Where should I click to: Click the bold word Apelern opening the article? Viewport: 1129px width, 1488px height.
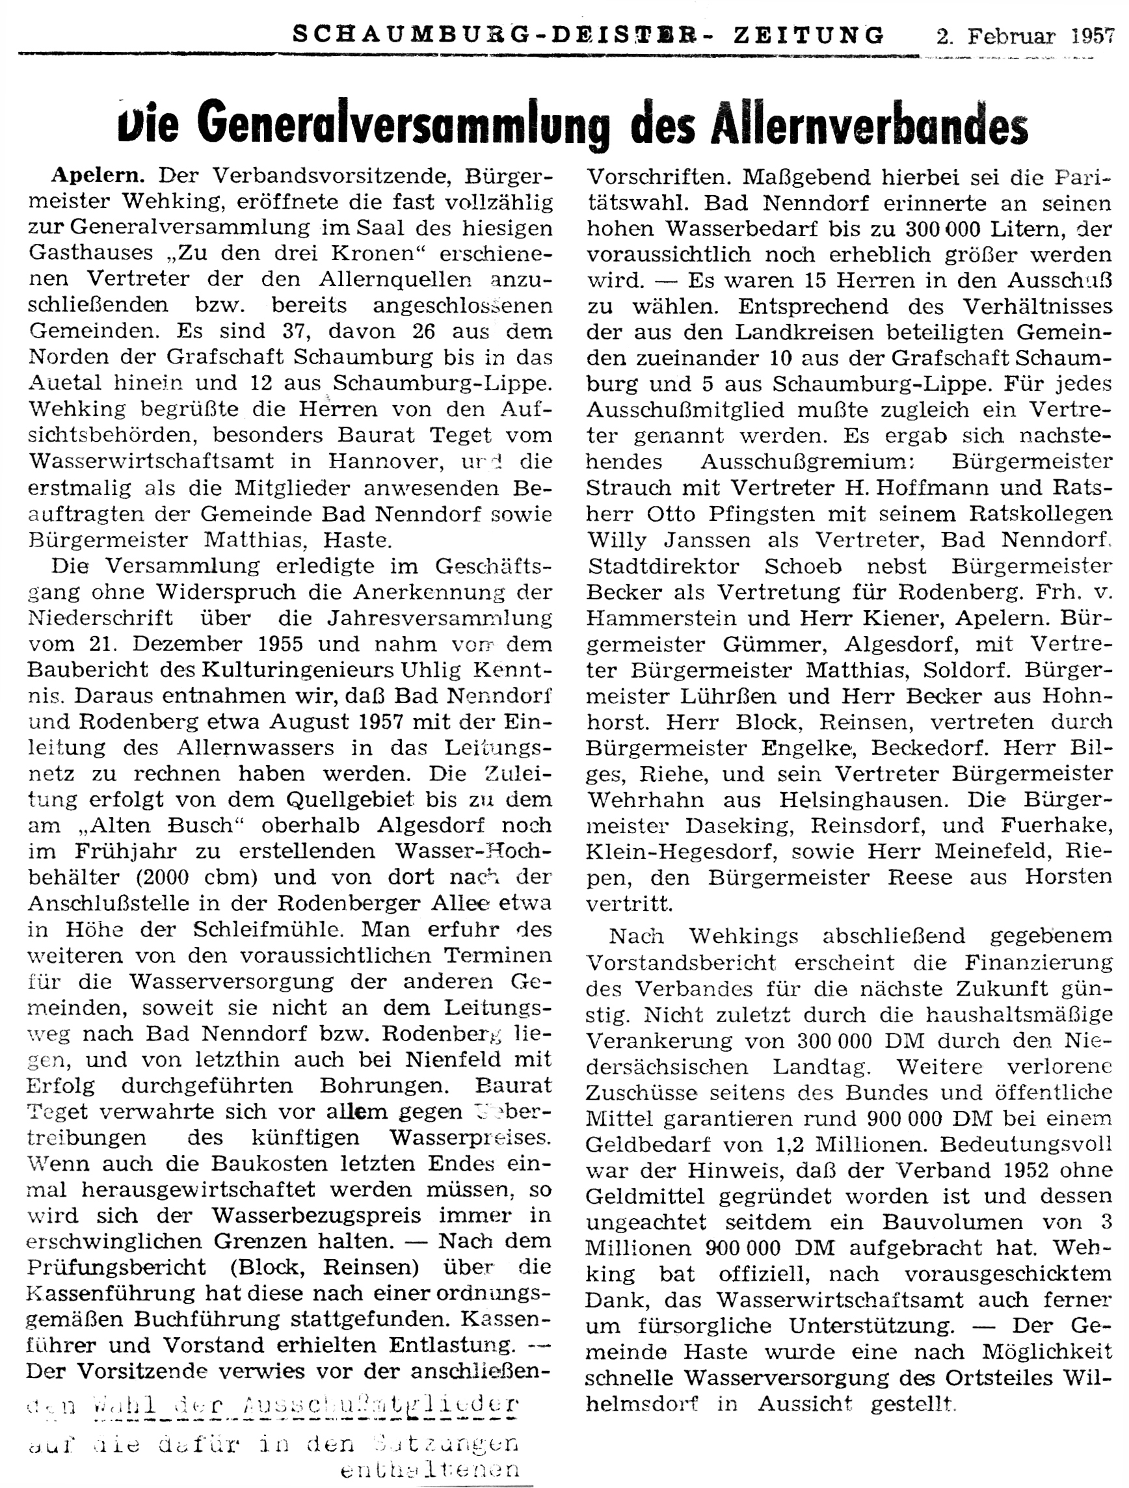point(98,176)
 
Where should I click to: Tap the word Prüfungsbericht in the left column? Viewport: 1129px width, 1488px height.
point(116,1268)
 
